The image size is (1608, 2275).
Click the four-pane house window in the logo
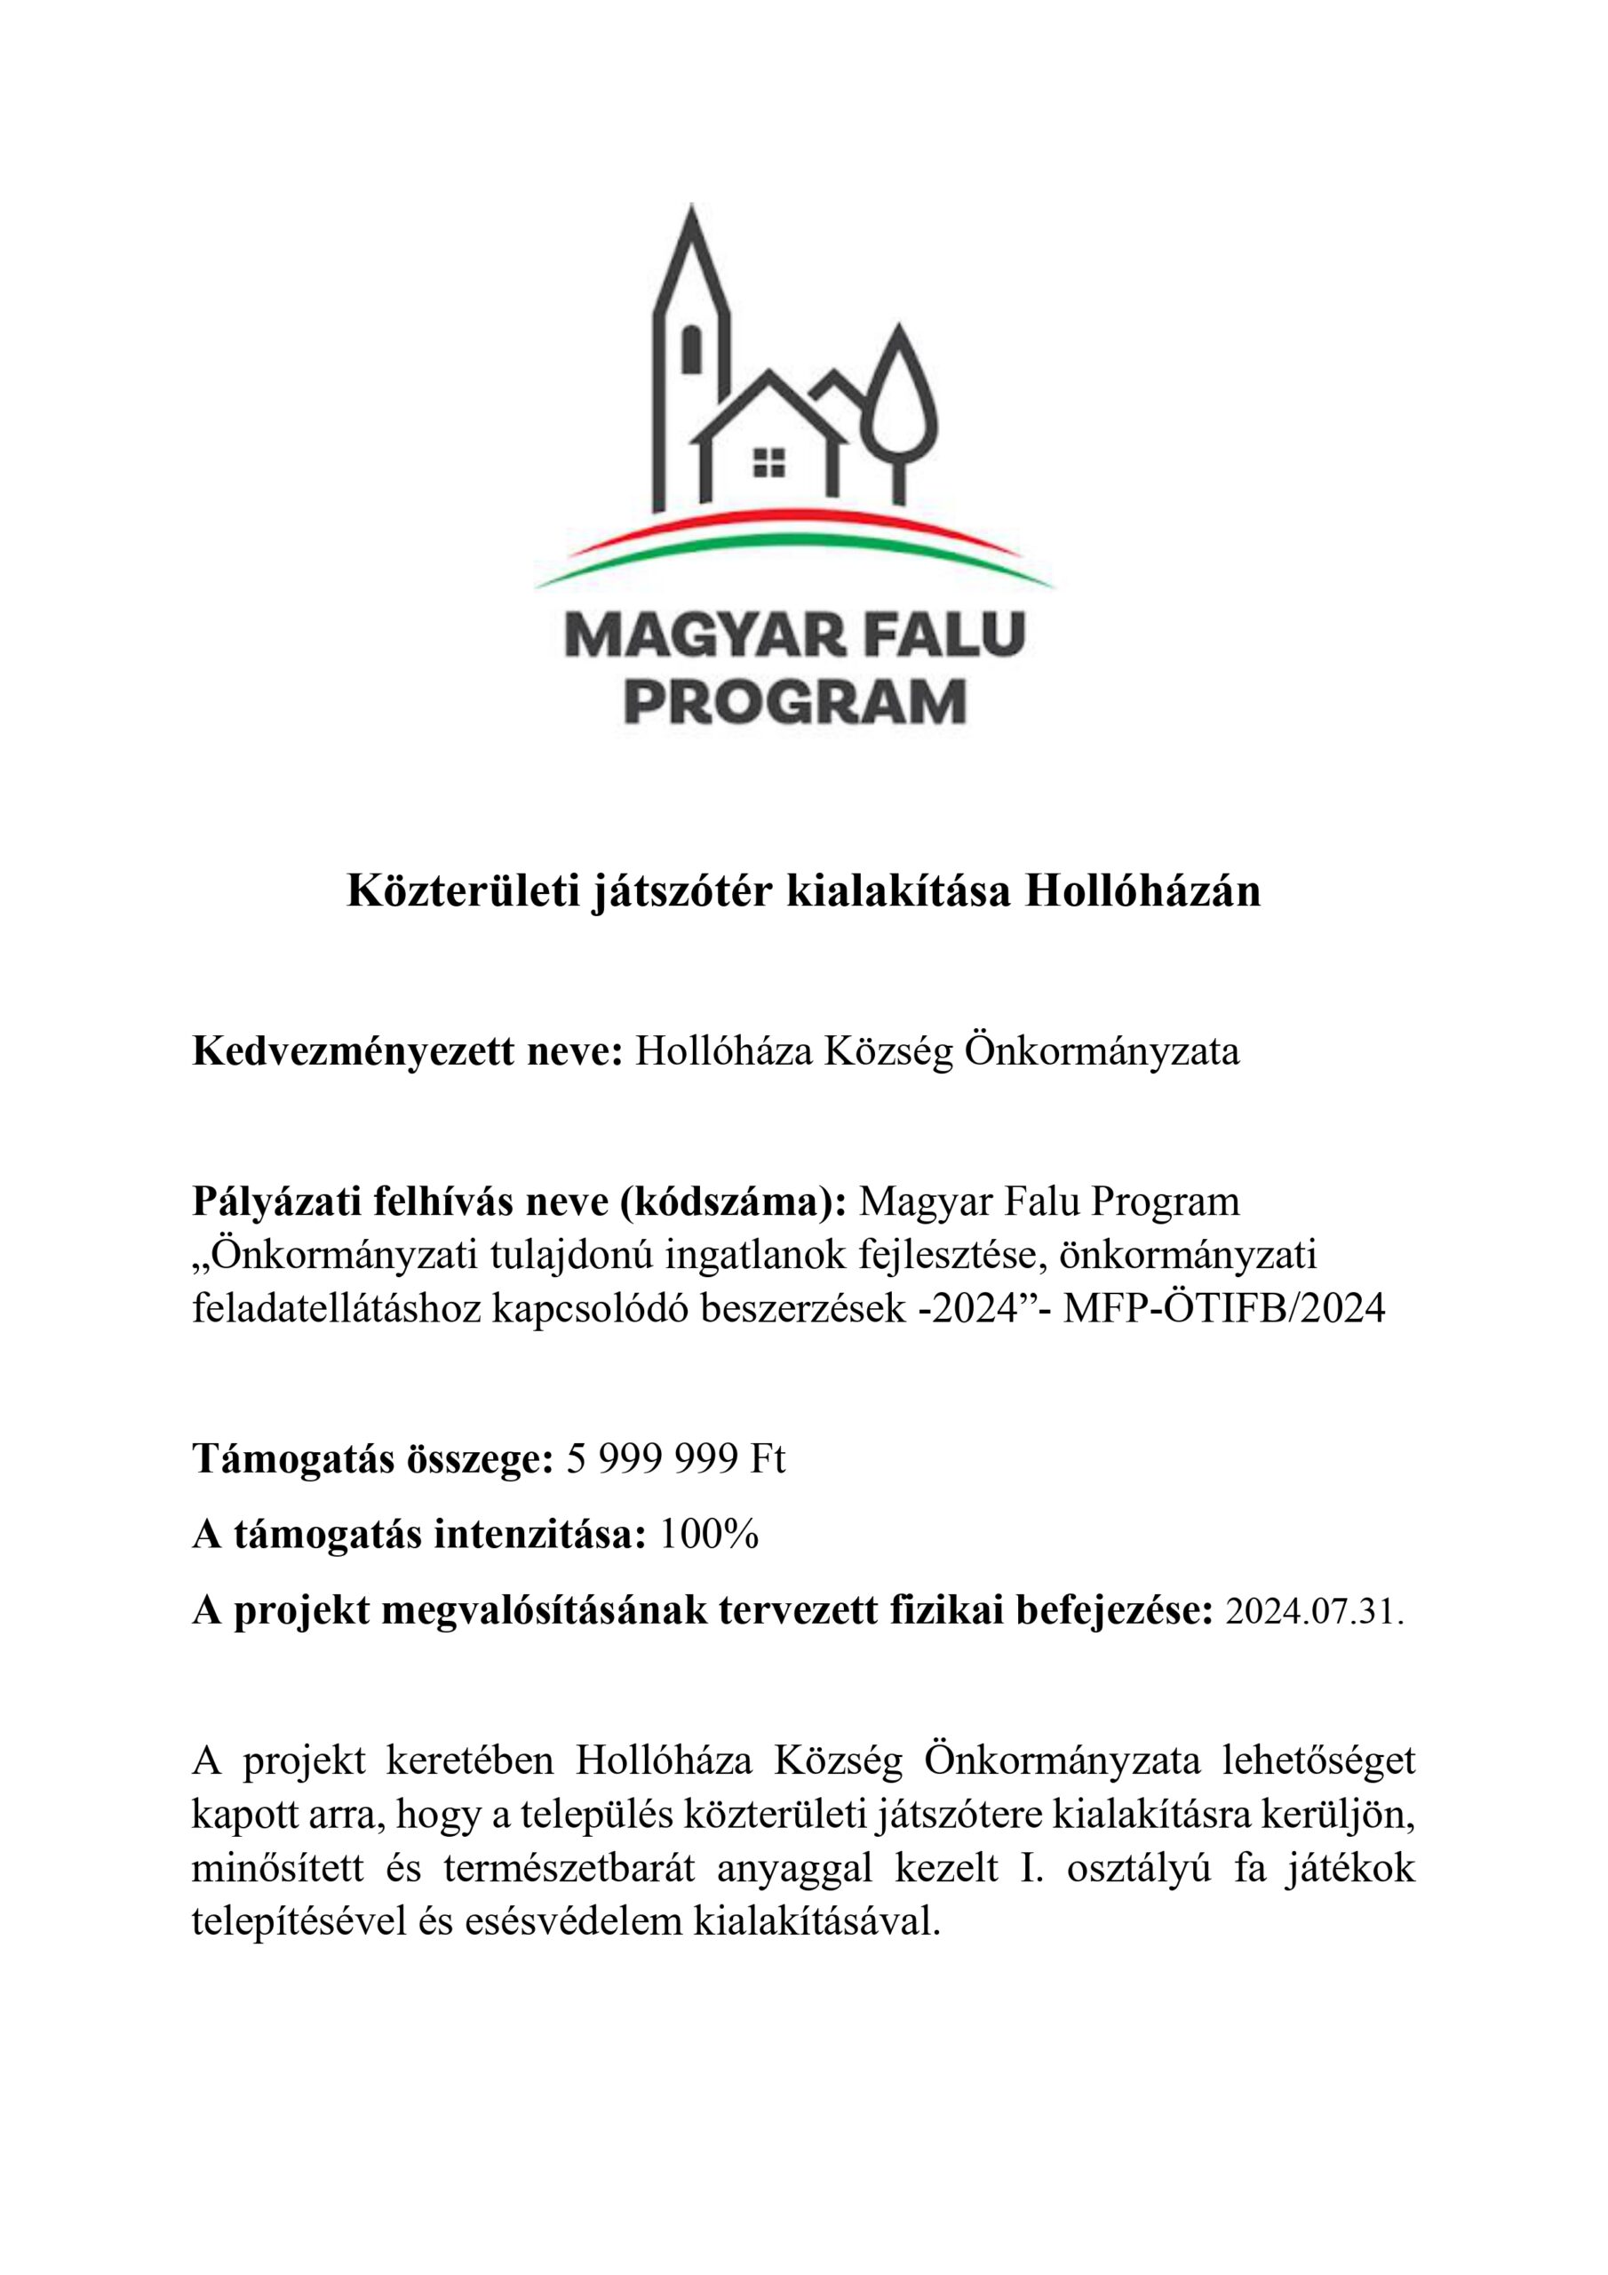coord(768,463)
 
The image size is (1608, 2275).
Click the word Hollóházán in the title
coord(1142,891)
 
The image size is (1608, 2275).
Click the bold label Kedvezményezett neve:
coord(407,1051)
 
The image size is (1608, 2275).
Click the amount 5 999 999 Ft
coord(677,1459)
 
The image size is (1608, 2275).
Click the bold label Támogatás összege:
coord(372,1459)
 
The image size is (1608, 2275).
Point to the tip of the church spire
coord(691,207)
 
